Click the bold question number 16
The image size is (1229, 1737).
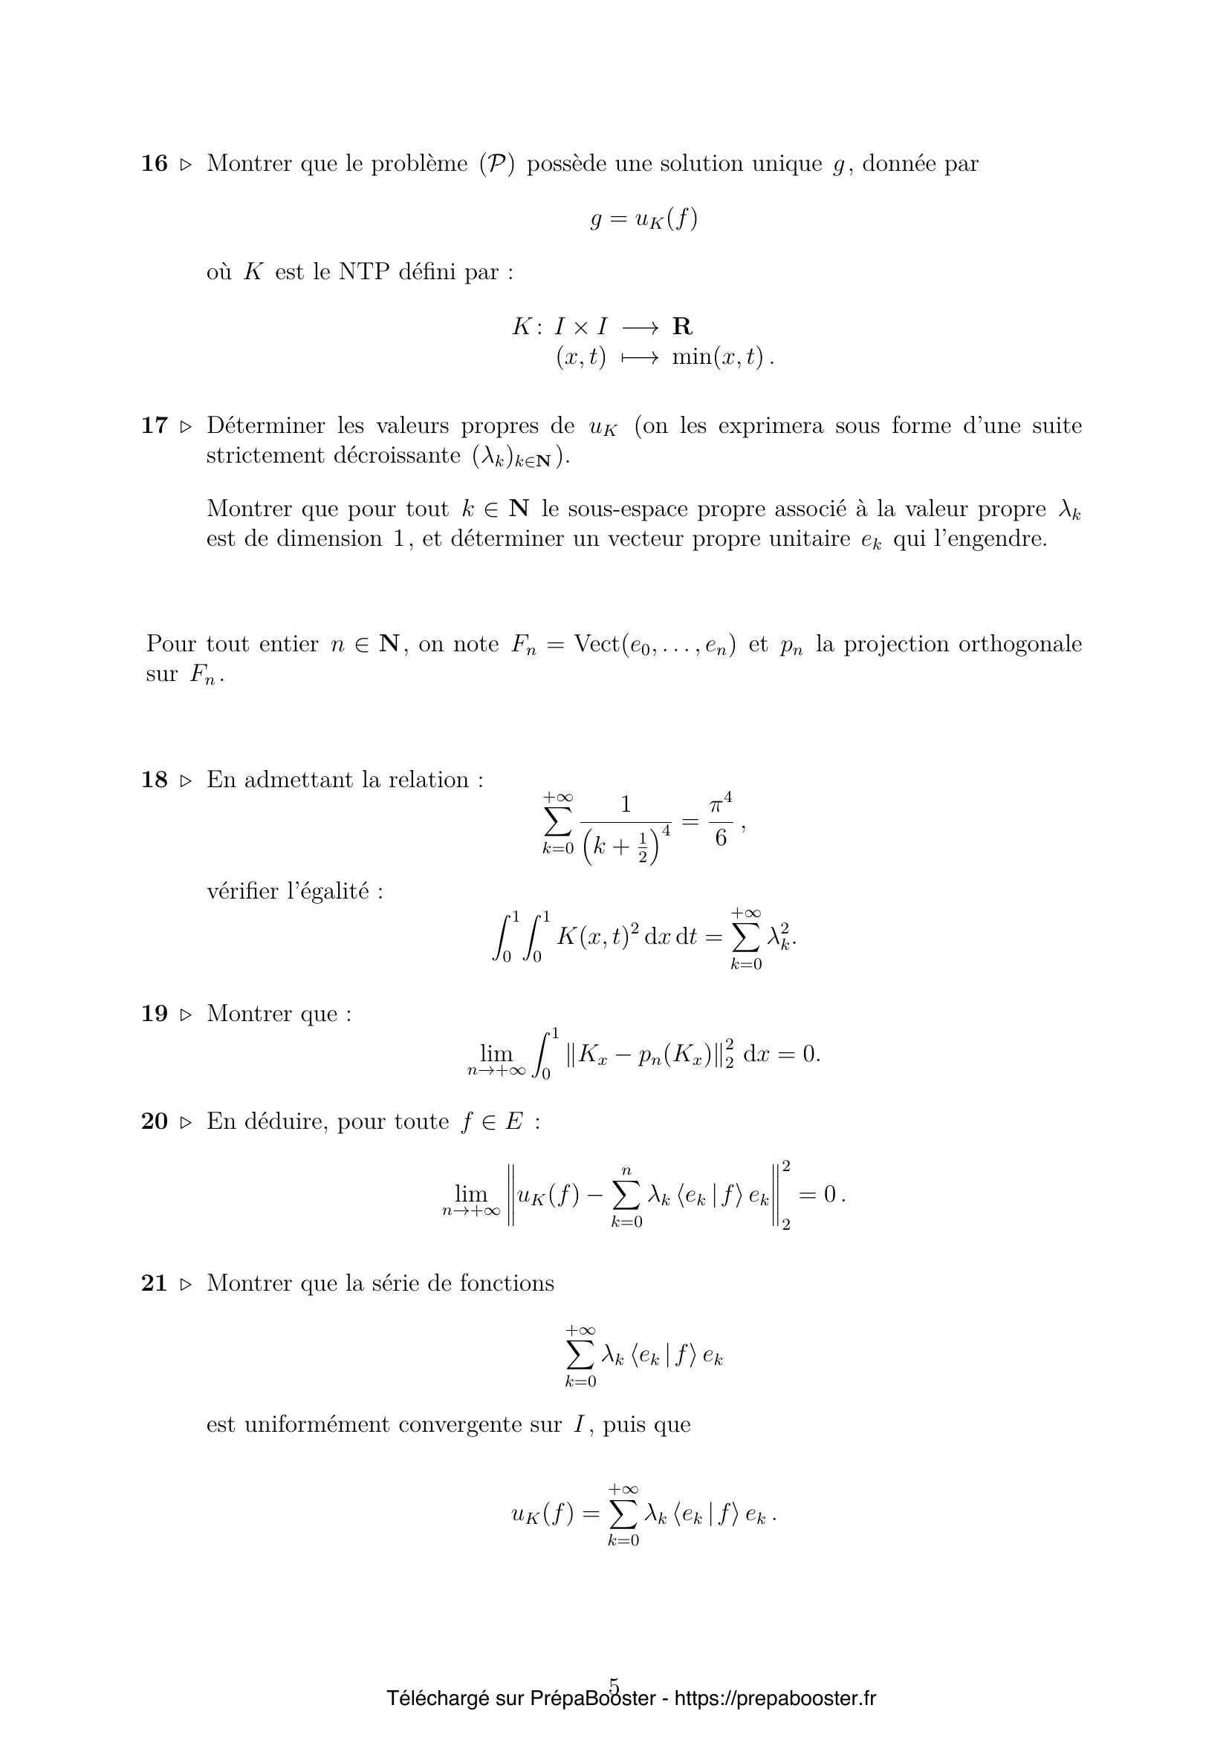tap(155, 163)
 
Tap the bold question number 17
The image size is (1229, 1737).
tap(155, 426)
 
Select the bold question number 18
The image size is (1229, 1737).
tap(155, 779)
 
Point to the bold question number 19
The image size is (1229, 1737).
tap(155, 1013)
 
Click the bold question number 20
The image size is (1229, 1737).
tap(155, 1121)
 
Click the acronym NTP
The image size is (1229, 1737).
tap(364, 272)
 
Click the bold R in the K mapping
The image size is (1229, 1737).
tap(682, 327)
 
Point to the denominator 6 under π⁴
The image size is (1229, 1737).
tap(721, 838)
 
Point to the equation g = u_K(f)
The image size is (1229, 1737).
tap(643, 219)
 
